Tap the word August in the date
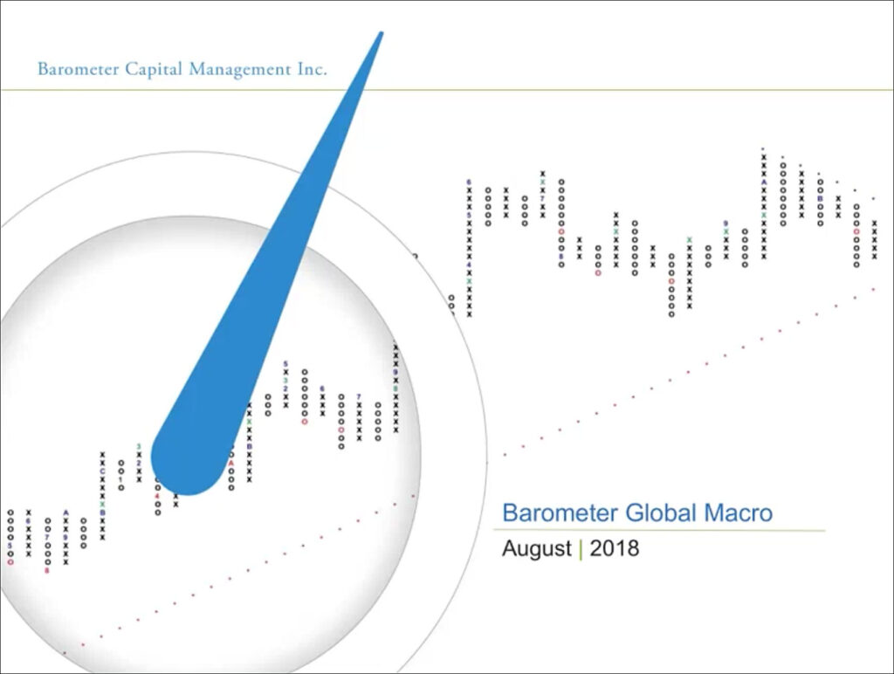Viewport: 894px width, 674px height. pyautogui.click(x=535, y=549)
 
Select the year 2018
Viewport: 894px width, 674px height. pyautogui.click(x=614, y=549)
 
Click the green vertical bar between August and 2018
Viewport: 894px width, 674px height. pyautogui.click(x=581, y=549)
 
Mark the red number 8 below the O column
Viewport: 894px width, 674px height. pyautogui.click(x=47, y=570)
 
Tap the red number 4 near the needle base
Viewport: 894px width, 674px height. pyautogui.click(x=158, y=496)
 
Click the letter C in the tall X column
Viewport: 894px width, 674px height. pyautogui.click(x=102, y=471)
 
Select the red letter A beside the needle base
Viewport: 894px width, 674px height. pyautogui.click(x=231, y=463)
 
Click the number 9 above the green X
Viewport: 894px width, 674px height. pyautogui.click(x=726, y=224)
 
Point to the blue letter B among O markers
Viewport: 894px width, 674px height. pyautogui.click(x=820, y=198)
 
